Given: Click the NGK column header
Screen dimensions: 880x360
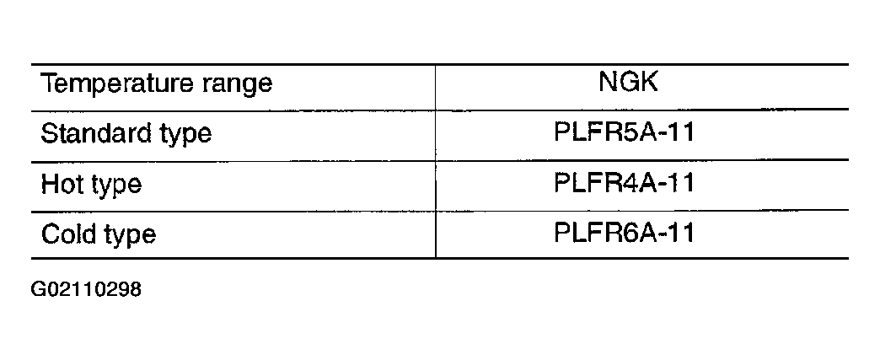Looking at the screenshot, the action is coord(628,83).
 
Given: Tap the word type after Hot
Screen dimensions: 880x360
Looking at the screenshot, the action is coord(116,185).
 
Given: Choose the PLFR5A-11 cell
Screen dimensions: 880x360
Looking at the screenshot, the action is coord(624,132).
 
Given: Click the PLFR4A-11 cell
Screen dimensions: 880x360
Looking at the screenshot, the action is coord(624,183).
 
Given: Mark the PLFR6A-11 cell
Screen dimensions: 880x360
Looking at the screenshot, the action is coord(624,233).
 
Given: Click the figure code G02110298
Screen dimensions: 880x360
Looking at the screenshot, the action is coord(86,290).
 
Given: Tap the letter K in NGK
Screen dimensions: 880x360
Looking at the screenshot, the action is coord(648,83).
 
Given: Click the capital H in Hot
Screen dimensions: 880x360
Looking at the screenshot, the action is coord(50,184).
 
